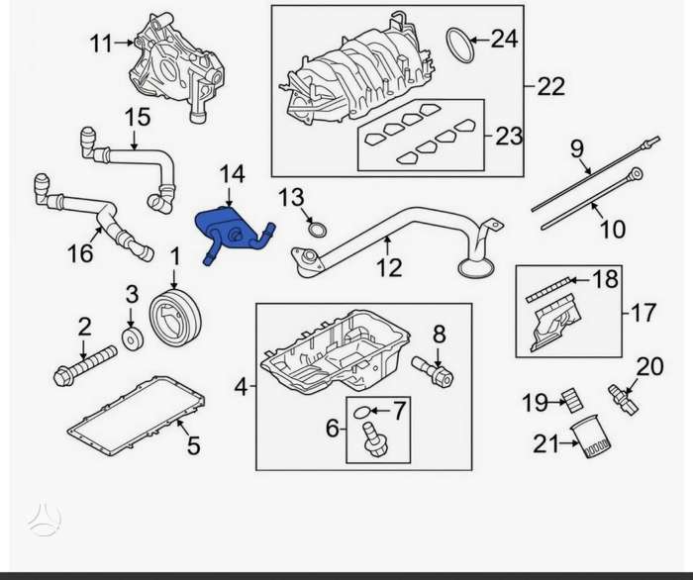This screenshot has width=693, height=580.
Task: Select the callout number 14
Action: click(232, 174)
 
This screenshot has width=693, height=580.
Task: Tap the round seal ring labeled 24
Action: click(459, 46)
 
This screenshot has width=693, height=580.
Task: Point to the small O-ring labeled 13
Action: click(318, 230)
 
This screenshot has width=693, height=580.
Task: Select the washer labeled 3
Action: click(133, 339)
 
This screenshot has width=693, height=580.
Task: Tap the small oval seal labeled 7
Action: click(361, 413)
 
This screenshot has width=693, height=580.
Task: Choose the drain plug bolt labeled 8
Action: click(433, 371)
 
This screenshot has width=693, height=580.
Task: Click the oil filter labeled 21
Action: click(590, 436)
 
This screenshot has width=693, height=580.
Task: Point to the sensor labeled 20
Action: click(623, 399)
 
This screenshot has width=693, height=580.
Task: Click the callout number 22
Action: click(550, 86)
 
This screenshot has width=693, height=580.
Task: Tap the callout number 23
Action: click(508, 136)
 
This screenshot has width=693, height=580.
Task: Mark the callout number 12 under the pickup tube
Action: click(389, 267)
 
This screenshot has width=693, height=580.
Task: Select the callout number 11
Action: click(101, 44)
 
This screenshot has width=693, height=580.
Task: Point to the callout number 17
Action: click(643, 313)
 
